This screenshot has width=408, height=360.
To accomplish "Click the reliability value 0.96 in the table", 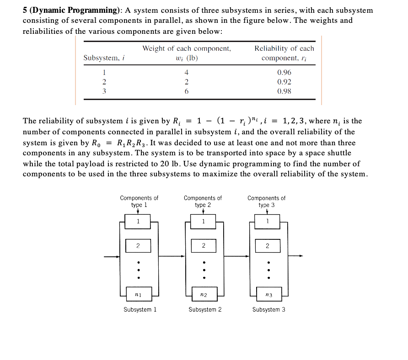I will [x=284, y=72].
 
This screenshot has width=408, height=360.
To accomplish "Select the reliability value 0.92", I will [x=284, y=82].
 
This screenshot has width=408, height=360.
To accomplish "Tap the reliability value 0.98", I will [x=284, y=91].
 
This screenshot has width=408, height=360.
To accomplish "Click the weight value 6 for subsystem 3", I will [x=187, y=91].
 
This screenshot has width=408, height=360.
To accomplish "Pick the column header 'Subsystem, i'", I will [x=104, y=58].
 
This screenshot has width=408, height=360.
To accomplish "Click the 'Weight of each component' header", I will [x=187, y=48].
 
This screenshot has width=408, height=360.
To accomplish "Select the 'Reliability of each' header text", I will [x=284, y=48].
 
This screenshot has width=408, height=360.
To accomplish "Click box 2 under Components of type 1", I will [x=138, y=246].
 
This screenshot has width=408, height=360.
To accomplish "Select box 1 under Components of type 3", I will [x=268, y=222].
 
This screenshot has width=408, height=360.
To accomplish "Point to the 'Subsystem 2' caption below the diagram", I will [x=205, y=310].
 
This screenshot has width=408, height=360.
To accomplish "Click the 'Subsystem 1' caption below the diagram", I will [x=140, y=310].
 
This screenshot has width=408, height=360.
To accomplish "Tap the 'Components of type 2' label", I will [x=203, y=201].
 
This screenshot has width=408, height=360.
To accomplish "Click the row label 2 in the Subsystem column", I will [x=104, y=82].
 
